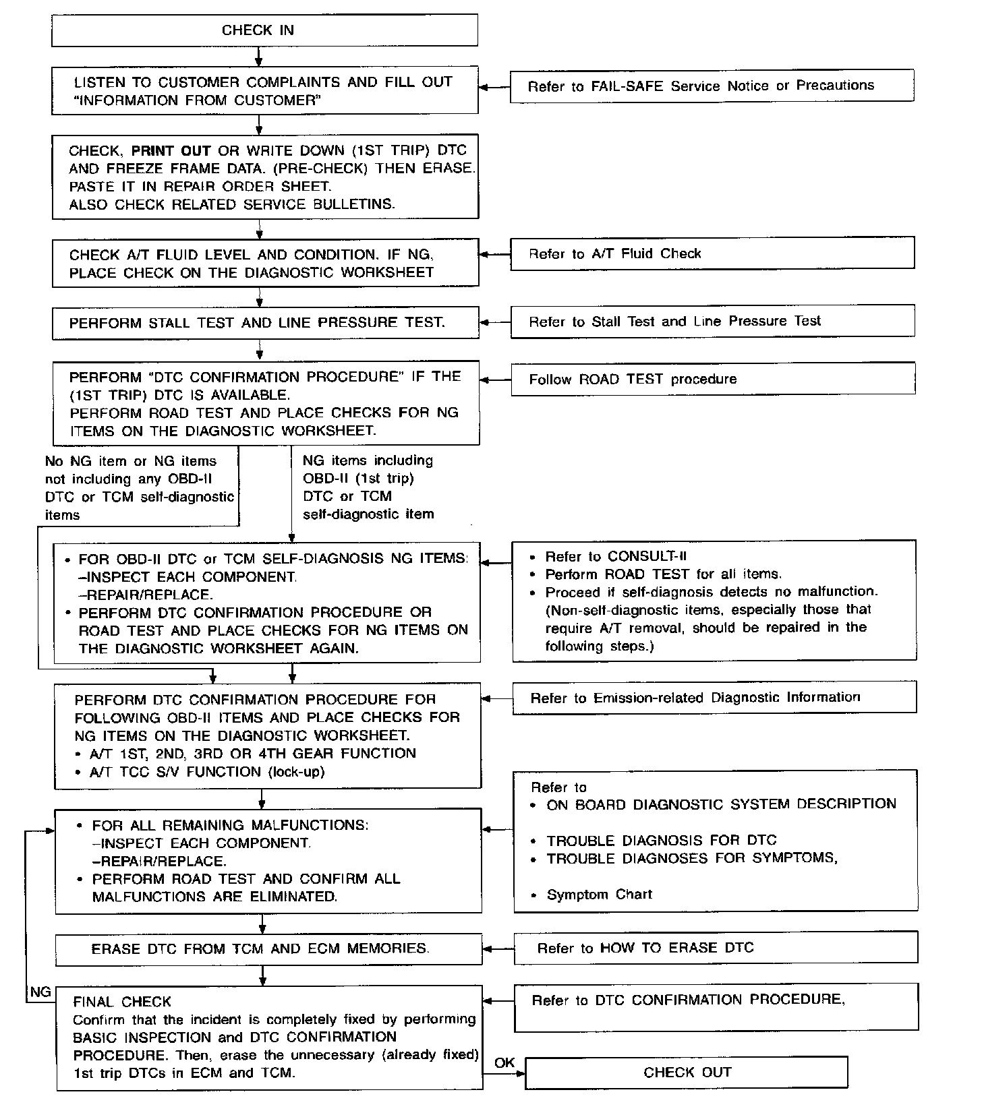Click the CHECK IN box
(x=264, y=30)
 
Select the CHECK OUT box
(x=686, y=1072)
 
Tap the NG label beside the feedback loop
(x=40, y=992)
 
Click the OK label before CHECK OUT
(x=504, y=1062)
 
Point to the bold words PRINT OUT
(x=171, y=150)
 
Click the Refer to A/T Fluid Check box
(x=712, y=253)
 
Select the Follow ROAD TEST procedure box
(x=712, y=379)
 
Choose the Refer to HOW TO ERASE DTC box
(x=716, y=948)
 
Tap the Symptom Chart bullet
(x=599, y=895)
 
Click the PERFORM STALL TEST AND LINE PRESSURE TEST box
(x=266, y=323)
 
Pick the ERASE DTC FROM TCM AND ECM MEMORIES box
(x=268, y=948)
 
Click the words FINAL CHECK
(x=122, y=1002)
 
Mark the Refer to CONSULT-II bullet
(x=615, y=556)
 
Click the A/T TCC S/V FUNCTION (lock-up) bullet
(x=207, y=772)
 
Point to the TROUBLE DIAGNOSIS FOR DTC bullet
(x=661, y=841)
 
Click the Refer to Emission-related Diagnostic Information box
(x=714, y=697)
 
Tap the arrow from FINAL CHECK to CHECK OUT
(x=504, y=1073)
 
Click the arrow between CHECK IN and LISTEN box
(x=259, y=56)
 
